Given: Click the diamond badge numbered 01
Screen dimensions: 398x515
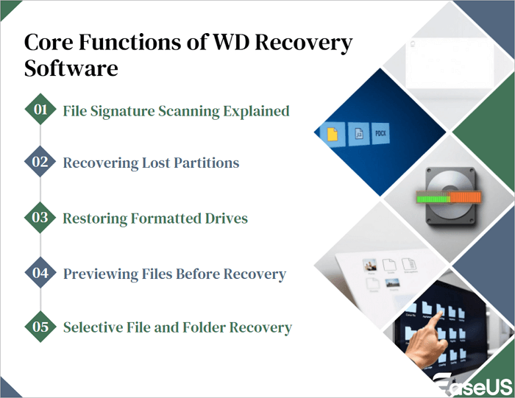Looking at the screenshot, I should [x=40, y=110].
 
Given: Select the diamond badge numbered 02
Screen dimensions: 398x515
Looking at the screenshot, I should [x=40, y=163].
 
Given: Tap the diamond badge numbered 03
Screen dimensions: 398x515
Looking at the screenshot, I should [x=40, y=218].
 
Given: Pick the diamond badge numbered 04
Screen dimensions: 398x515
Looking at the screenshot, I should [x=40, y=273].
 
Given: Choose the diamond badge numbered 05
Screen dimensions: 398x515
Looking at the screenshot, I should [x=40, y=327].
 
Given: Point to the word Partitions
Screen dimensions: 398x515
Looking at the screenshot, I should [x=205, y=163].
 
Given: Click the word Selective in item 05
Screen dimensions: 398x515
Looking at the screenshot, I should [x=93, y=327].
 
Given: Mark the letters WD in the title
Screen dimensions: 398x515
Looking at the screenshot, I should [x=234, y=43].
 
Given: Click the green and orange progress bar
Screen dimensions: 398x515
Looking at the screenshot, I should [x=447, y=197].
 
